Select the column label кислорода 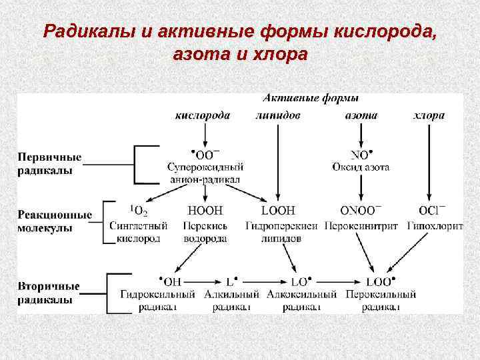[x=203, y=115]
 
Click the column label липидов [x=277, y=115]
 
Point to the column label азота [x=361, y=115]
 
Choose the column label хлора [x=428, y=115]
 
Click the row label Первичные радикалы [x=49, y=163]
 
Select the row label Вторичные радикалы [x=48, y=293]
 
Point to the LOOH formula [x=278, y=211]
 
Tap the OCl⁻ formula [x=433, y=211]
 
